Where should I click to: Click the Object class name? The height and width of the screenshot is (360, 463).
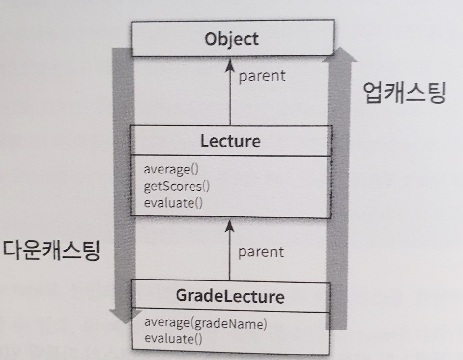click(231, 39)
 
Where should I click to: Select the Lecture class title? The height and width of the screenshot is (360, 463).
click(230, 141)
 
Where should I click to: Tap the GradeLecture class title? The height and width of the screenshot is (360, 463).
click(231, 296)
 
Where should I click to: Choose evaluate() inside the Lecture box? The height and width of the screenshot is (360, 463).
click(173, 201)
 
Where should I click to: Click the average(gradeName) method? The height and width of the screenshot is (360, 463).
click(205, 323)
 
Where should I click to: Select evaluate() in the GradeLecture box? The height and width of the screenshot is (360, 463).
click(173, 338)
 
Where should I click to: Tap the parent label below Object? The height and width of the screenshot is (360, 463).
click(262, 75)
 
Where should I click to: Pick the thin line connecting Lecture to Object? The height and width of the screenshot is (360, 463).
click(230, 96)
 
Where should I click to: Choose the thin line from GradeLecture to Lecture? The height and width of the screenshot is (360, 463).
click(230, 255)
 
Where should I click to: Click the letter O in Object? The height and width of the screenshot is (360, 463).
click(210, 39)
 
